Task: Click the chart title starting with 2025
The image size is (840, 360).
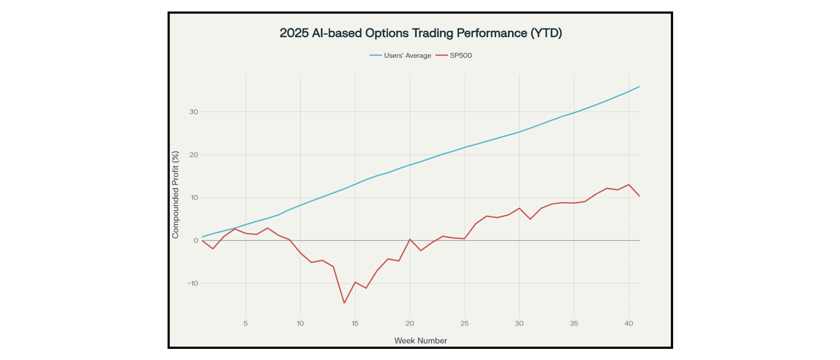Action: click(x=421, y=33)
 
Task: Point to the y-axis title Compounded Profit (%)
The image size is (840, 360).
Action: click(x=176, y=195)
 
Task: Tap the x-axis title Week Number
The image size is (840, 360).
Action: click(x=420, y=340)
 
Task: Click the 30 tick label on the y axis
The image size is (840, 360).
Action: click(x=194, y=112)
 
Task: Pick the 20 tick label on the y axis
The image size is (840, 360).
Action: click(x=194, y=155)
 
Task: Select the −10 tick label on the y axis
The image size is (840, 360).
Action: click(x=193, y=283)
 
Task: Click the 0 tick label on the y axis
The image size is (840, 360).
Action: click(x=196, y=240)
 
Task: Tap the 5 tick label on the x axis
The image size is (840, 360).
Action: click(x=246, y=323)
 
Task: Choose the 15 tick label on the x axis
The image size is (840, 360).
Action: click(x=355, y=323)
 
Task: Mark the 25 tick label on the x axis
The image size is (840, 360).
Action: click(x=464, y=323)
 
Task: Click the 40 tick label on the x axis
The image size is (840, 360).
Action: click(x=628, y=323)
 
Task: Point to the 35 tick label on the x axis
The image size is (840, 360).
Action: click(x=574, y=323)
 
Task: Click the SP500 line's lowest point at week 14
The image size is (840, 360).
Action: click(x=344, y=303)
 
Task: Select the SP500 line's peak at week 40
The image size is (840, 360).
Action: click(x=628, y=185)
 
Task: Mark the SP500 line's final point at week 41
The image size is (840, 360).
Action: click(x=639, y=196)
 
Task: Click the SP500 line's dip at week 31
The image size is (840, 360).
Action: click(x=530, y=219)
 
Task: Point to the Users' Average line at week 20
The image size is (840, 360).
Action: click(x=410, y=165)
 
